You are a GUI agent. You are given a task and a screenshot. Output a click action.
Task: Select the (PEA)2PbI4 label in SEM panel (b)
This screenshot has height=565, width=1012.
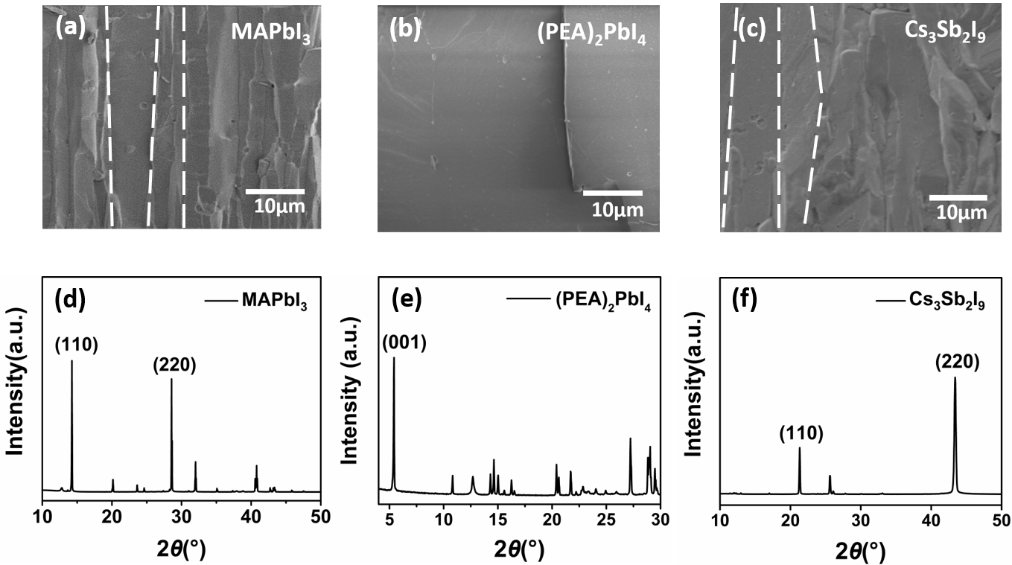click(x=593, y=34)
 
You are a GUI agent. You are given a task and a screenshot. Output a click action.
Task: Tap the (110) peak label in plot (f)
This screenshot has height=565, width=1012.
click(x=801, y=433)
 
